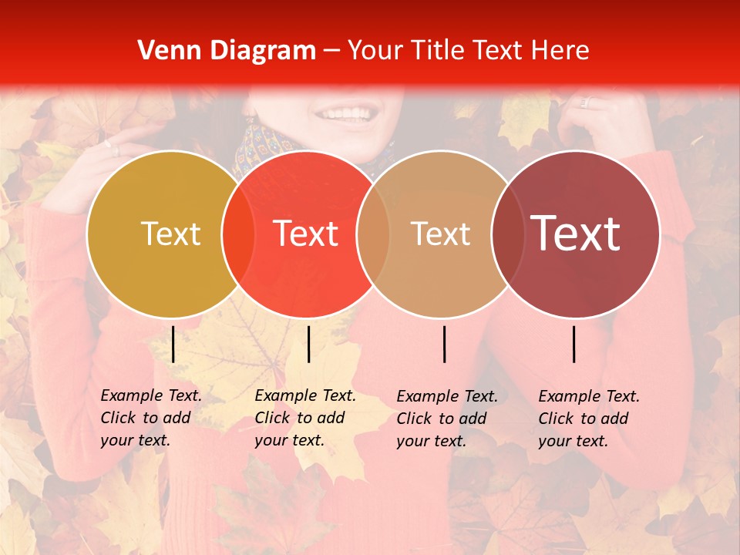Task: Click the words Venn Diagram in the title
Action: [227, 51]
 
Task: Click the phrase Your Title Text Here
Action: [468, 51]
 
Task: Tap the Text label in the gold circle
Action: [170, 234]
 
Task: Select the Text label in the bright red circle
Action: [306, 234]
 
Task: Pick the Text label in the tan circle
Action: [440, 234]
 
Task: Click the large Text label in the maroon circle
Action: [576, 233]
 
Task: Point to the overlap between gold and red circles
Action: [238, 234]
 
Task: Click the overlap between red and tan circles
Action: [373, 234]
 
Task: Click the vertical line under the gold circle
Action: [173, 344]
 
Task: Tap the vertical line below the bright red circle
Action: [308, 344]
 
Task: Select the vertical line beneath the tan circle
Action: [445, 344]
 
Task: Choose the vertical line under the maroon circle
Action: [574, 344]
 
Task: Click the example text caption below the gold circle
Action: [150, 418]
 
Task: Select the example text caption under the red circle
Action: [304, 418]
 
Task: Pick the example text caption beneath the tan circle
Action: [446, 419]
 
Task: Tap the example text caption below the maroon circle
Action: [588, 419]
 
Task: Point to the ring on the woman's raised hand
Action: [584, 101]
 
